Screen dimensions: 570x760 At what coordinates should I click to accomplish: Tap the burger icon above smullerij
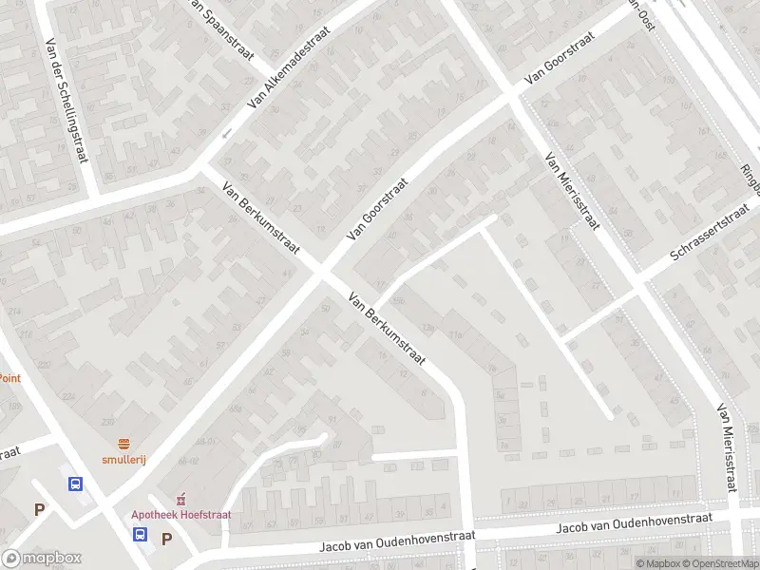click(x=124, y=444)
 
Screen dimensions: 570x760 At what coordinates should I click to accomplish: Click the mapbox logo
click(x=42, y=559)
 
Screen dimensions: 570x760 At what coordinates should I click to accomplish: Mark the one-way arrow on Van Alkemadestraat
click(x=227, y=133)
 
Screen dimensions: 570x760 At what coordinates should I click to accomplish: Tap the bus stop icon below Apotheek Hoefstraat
click(x=140, y=534)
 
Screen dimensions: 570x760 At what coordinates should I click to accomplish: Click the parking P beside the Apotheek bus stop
click(x=166, y=539)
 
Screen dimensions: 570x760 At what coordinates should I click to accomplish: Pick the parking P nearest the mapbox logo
click(x=40, y=510)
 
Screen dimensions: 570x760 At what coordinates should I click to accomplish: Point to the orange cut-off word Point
click(x=9, y=377)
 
